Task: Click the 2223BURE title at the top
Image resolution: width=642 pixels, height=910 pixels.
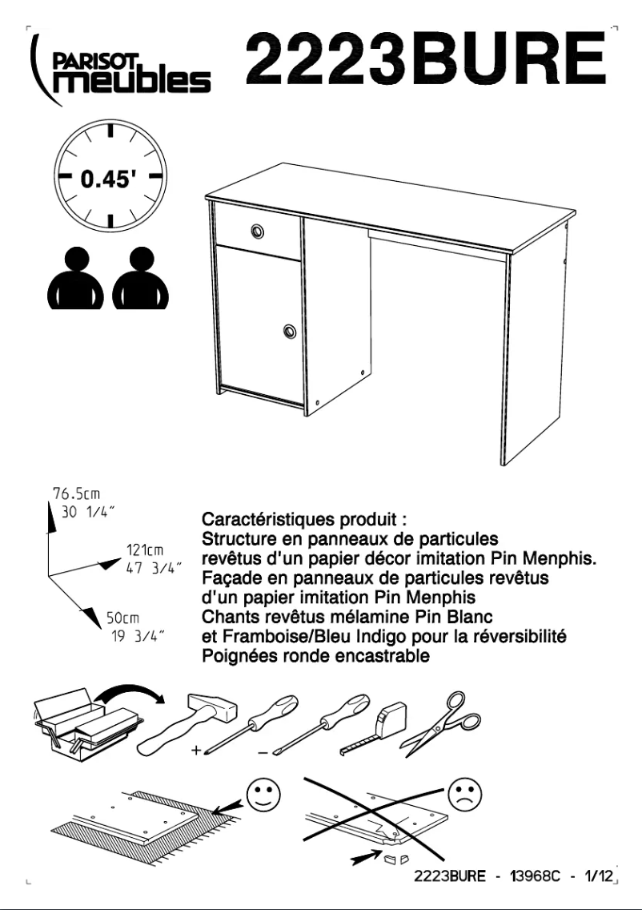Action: click(427, 58)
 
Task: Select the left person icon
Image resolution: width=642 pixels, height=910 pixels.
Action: click(75, 278)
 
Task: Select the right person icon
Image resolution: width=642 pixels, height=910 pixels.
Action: click(140, 278)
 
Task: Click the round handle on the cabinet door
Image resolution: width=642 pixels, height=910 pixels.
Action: click(290, 332)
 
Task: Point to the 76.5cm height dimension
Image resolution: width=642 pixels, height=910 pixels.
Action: click(77, 494)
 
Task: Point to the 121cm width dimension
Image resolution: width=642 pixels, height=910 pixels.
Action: click(144, 550)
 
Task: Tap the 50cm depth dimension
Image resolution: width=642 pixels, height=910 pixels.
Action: click(122, 618)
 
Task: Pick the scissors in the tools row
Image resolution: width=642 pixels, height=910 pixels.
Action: click(442, 723)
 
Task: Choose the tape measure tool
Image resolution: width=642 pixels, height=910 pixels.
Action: click(375, 728)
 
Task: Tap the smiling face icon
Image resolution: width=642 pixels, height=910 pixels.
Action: click(264, 795)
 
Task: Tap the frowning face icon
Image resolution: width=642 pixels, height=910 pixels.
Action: click(465, 795)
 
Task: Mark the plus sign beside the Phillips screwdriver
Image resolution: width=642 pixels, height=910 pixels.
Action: click(197, 751)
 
